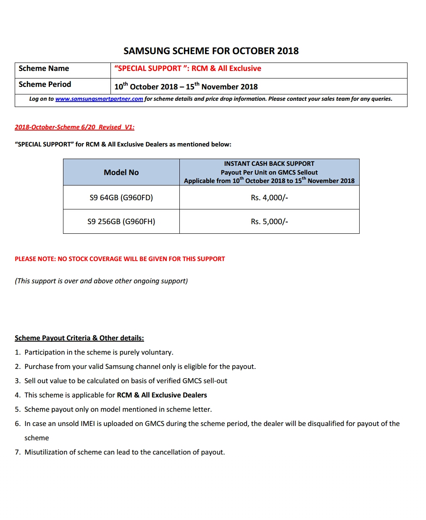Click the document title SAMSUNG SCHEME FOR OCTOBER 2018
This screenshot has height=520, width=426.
(x=211, y=51)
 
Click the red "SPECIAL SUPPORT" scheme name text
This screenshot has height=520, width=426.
(x=187, y=69)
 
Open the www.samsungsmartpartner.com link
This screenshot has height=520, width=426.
(x=99, y=99)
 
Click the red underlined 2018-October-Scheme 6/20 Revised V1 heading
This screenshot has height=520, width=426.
(x=74, y=127)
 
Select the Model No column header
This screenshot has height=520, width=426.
(x=121, y=172)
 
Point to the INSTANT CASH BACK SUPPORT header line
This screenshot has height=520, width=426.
(x=269, y=164)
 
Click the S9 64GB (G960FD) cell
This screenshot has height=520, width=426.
(x=121, y=198)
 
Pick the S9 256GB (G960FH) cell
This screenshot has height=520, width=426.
(x=121, y=222)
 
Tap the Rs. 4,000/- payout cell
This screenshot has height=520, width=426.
(x=269, y=198)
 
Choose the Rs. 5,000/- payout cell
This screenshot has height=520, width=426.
(x=269, y=222)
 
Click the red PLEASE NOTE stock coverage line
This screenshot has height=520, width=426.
(x=120, y=259)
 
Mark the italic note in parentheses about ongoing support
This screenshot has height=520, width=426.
(x=101, y=281)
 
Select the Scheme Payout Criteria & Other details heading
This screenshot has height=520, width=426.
(x=79, y=338)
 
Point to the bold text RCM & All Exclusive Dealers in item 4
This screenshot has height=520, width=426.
(x=162, y=395)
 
